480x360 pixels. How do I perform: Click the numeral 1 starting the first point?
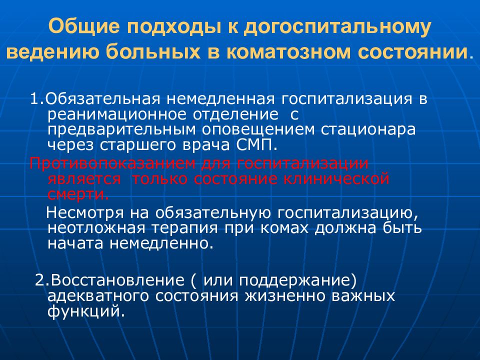point(33,98)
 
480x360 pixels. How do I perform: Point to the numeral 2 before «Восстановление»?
point(39,279)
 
